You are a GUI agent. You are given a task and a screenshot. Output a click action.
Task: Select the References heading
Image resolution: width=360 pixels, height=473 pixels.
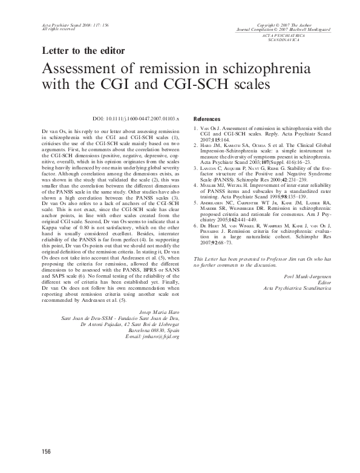(207, 119)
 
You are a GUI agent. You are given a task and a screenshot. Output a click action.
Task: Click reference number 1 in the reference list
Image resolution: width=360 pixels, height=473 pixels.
(195, 128)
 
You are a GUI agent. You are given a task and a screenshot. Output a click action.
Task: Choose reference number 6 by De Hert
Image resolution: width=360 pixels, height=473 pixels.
(195, 224)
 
